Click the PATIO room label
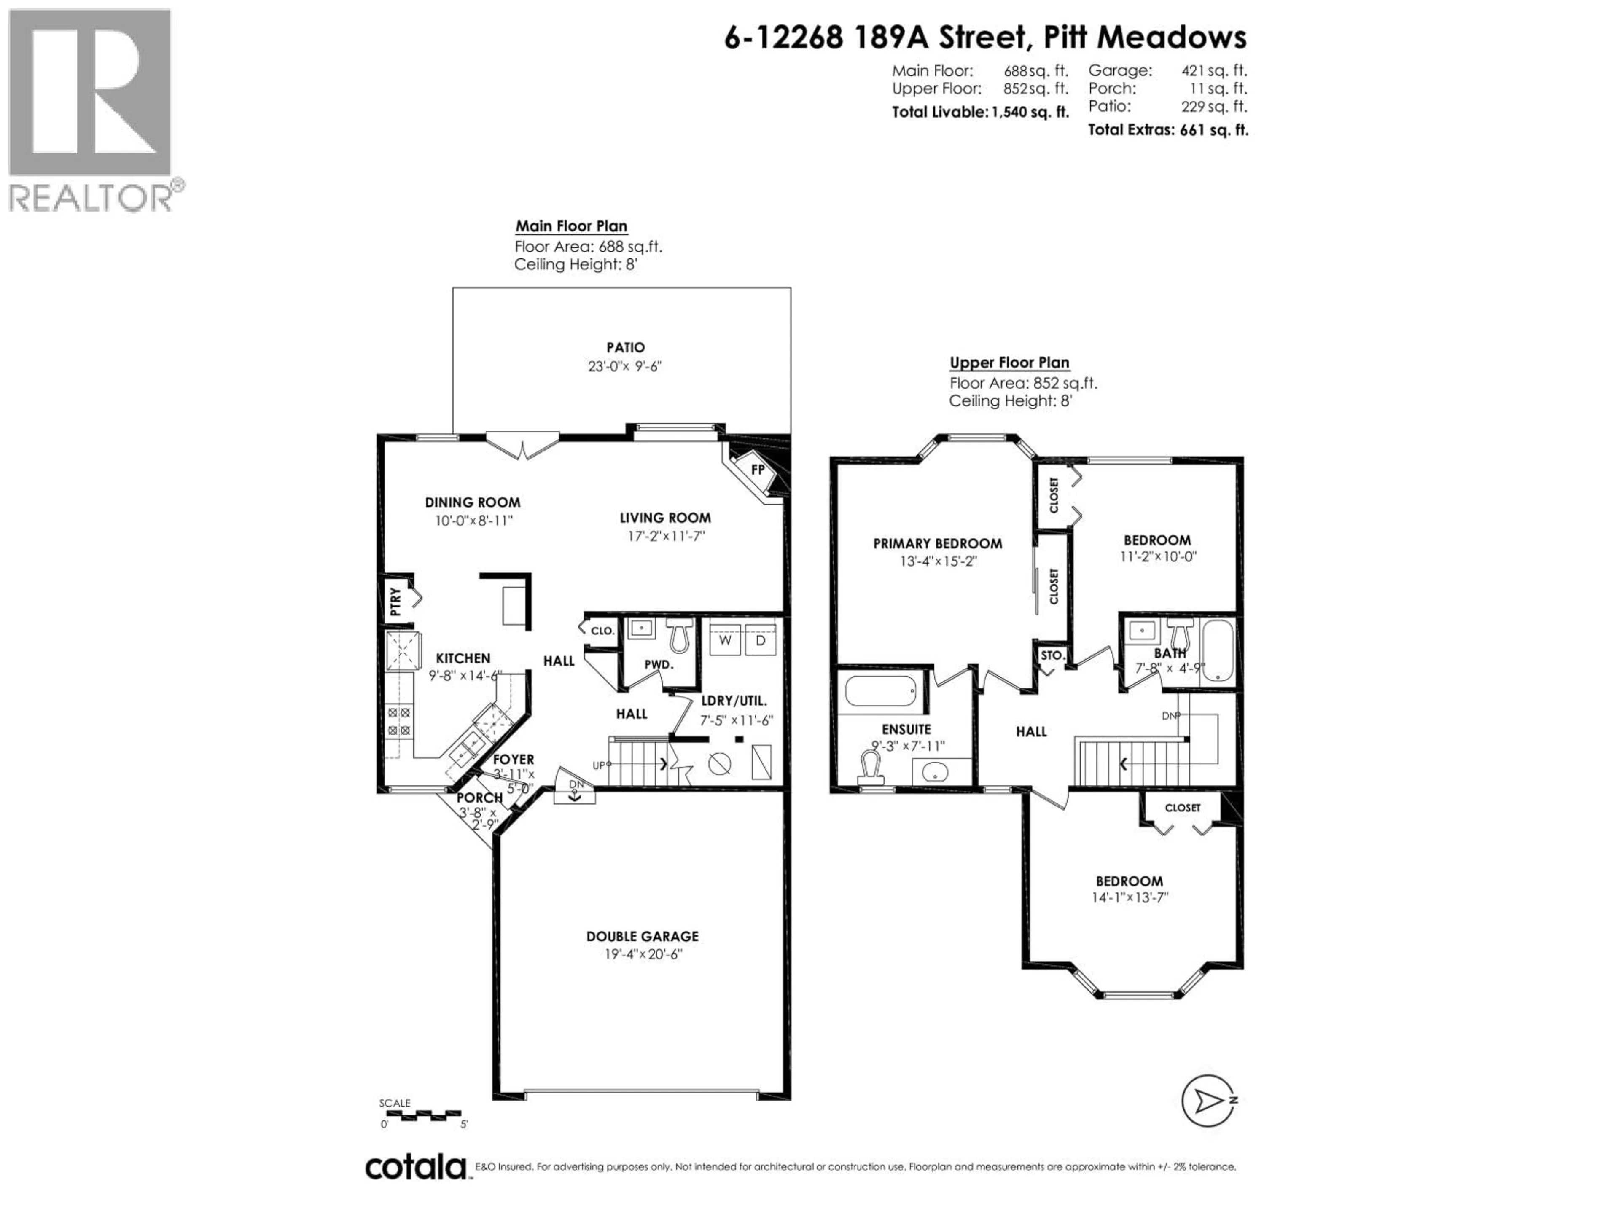point(625,348)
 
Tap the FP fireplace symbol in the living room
point(758,469)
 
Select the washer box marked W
point(725,640)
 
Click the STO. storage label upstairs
point(1052,655)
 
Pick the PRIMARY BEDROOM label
point(938,544)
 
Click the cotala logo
point(415,1167)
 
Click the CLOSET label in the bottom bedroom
point(1183,808)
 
